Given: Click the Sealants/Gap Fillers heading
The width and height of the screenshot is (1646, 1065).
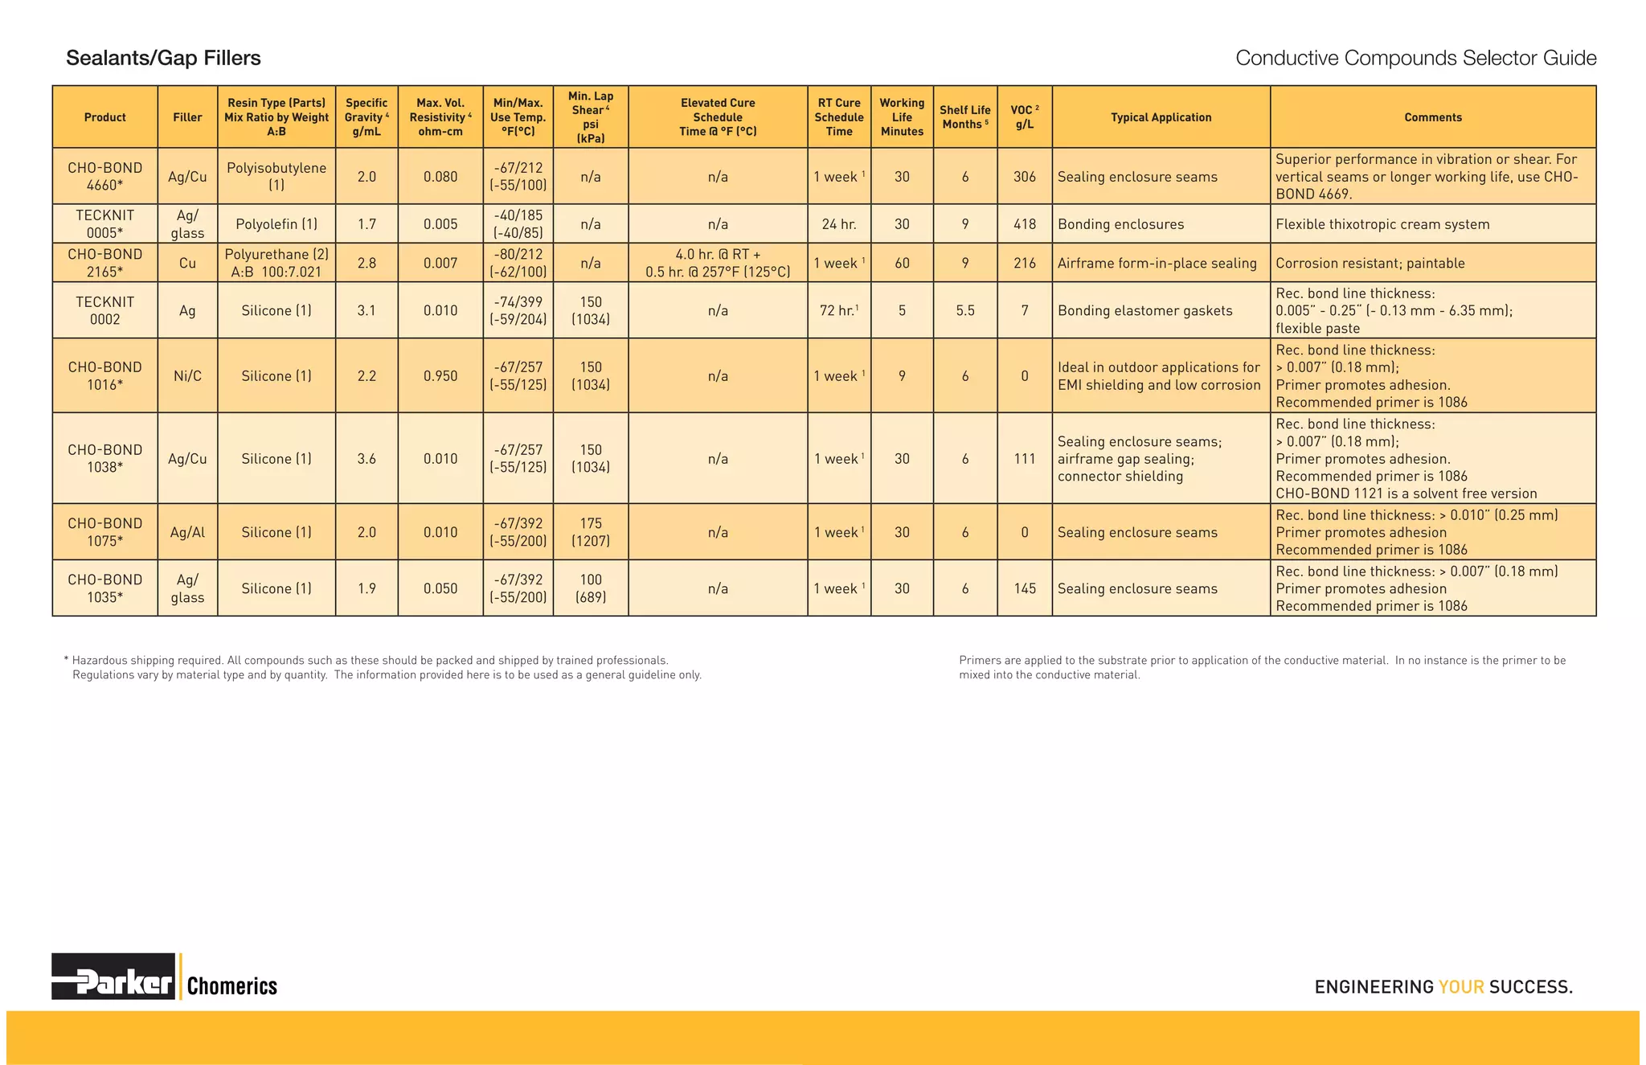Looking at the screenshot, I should click(x=163, y=58).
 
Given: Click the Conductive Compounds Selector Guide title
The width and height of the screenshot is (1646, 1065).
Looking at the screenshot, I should click(x=1415, y=58).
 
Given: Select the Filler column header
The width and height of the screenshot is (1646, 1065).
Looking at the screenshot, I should click(x=187, y=117).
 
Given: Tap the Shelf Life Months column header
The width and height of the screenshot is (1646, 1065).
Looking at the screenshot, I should click(x=964, y=117).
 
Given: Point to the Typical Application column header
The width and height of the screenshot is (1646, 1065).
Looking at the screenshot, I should click(x=1161, y=117).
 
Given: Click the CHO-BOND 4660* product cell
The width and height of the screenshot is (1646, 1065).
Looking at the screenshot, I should click(x=105, y=176).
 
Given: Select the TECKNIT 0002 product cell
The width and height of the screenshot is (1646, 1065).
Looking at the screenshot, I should click(x=105, y=310).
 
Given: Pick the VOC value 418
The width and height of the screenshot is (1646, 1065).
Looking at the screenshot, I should click(x=1024, y=224).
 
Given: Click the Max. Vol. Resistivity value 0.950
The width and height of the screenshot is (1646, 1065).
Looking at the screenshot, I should click(x=440, y=376).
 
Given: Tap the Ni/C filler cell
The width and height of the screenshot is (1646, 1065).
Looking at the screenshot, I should click(x=187, y=376).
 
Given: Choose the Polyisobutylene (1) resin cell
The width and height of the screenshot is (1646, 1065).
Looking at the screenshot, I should click(x=276, y=176).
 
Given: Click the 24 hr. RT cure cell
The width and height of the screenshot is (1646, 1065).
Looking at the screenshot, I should click(x=838, y=224).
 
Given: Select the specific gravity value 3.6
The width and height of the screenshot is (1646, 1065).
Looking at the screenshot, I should click(x=366, y=459).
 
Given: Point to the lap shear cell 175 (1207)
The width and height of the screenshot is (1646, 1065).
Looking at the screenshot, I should click(x=591, y=532).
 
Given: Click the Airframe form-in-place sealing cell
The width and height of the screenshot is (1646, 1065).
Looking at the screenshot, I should click(x=1157, y=263).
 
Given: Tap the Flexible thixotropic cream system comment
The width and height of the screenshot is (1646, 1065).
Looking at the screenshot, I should click(x=1382, y=224).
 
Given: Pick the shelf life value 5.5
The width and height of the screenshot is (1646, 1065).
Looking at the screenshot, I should click(x=964, y=310).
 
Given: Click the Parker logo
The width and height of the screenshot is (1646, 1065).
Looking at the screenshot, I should click(x=113, y=977).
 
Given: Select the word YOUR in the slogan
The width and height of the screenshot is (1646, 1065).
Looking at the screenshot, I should click(x=1461, y=987).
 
